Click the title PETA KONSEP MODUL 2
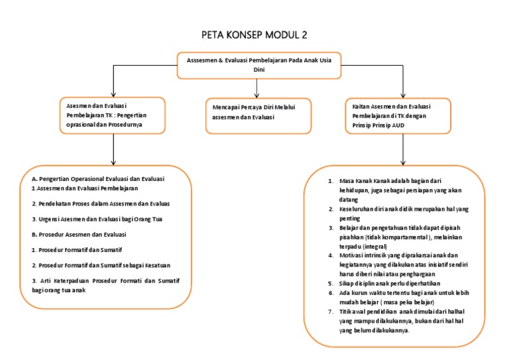pos(254,34)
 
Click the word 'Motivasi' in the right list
pos(351,254)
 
